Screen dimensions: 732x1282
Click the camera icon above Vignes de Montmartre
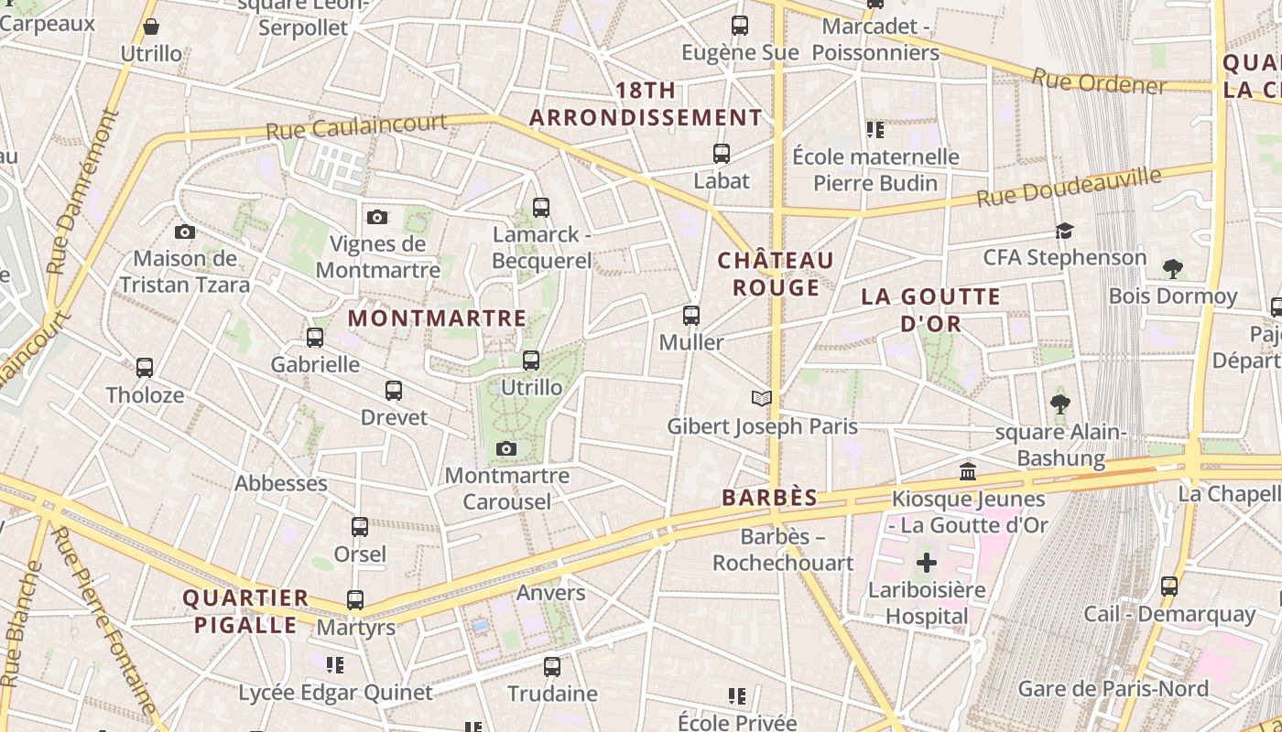377,217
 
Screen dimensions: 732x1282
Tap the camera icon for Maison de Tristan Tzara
185,232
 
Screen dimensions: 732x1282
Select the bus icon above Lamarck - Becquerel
541,208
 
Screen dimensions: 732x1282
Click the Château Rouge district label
776,274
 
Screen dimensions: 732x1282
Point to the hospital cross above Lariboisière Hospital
927,563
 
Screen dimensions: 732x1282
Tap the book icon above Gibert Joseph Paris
761,398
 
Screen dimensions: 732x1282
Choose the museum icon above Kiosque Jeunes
968,472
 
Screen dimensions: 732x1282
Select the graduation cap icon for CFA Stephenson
1064,231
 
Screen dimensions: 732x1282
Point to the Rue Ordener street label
1099,82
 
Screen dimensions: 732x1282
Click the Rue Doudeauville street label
1069,187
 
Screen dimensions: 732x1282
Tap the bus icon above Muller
691,316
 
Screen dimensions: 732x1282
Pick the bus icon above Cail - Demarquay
1169,587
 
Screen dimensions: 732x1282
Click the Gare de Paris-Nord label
1113,688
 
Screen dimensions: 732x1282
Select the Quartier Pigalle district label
245,611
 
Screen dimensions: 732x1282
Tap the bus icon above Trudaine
552,667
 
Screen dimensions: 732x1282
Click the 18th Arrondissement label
646,104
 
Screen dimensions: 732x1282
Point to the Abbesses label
281,483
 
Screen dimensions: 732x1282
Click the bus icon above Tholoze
145,368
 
